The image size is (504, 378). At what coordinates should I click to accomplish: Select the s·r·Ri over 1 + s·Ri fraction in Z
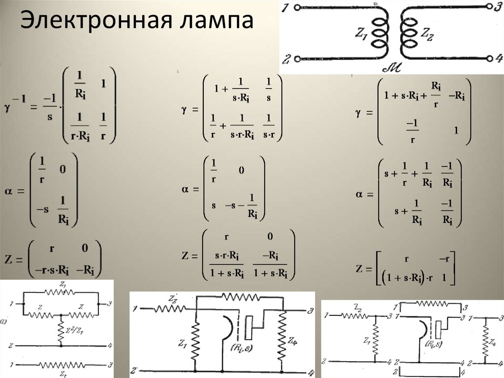coord(227,264)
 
